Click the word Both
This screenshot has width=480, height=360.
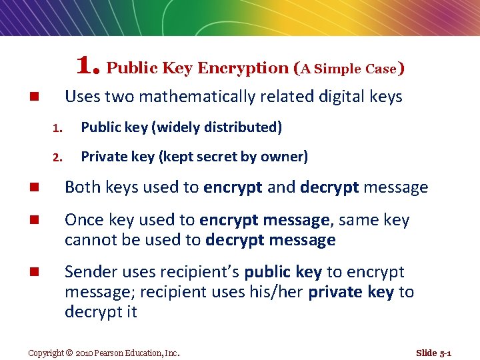(x=83, y=188)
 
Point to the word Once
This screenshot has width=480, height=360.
(x=83, y=220)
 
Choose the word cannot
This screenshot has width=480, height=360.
(x=91, y=240)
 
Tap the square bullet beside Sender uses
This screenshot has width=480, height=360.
(x=32, y=273)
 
